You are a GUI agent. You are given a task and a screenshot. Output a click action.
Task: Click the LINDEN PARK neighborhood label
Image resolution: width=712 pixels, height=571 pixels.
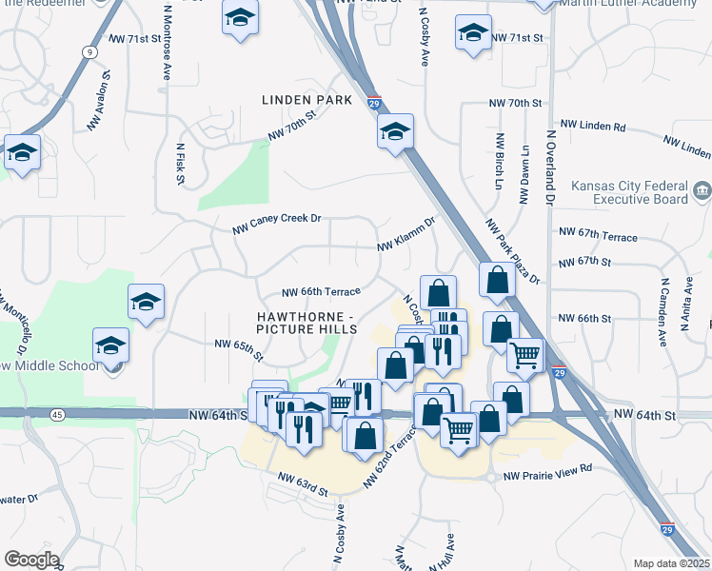307,100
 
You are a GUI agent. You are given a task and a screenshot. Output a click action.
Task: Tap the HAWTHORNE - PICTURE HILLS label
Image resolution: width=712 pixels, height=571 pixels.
307,322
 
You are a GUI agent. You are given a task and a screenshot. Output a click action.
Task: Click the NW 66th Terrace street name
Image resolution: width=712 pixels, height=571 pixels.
322,292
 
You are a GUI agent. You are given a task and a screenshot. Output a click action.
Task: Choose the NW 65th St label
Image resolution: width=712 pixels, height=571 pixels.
237,345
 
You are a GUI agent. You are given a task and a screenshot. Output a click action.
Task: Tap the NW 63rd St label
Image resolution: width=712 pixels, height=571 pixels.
303,483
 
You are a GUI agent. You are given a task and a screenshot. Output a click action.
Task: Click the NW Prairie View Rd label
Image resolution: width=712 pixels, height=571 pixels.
547,468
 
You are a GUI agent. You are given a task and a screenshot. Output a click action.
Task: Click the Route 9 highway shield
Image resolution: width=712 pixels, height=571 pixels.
88,51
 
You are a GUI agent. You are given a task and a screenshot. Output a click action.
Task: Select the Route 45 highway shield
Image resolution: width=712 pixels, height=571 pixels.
58,414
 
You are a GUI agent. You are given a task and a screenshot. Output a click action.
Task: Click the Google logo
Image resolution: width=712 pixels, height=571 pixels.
30,559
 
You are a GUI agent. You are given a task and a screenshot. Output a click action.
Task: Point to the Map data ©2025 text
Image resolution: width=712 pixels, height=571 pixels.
672,563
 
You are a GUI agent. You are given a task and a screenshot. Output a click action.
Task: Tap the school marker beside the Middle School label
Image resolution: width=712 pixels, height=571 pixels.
110,345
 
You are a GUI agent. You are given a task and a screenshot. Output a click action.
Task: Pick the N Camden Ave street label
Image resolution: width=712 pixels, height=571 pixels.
663,304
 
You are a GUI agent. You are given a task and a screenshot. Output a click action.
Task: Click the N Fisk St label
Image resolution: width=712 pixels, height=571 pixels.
179,164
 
